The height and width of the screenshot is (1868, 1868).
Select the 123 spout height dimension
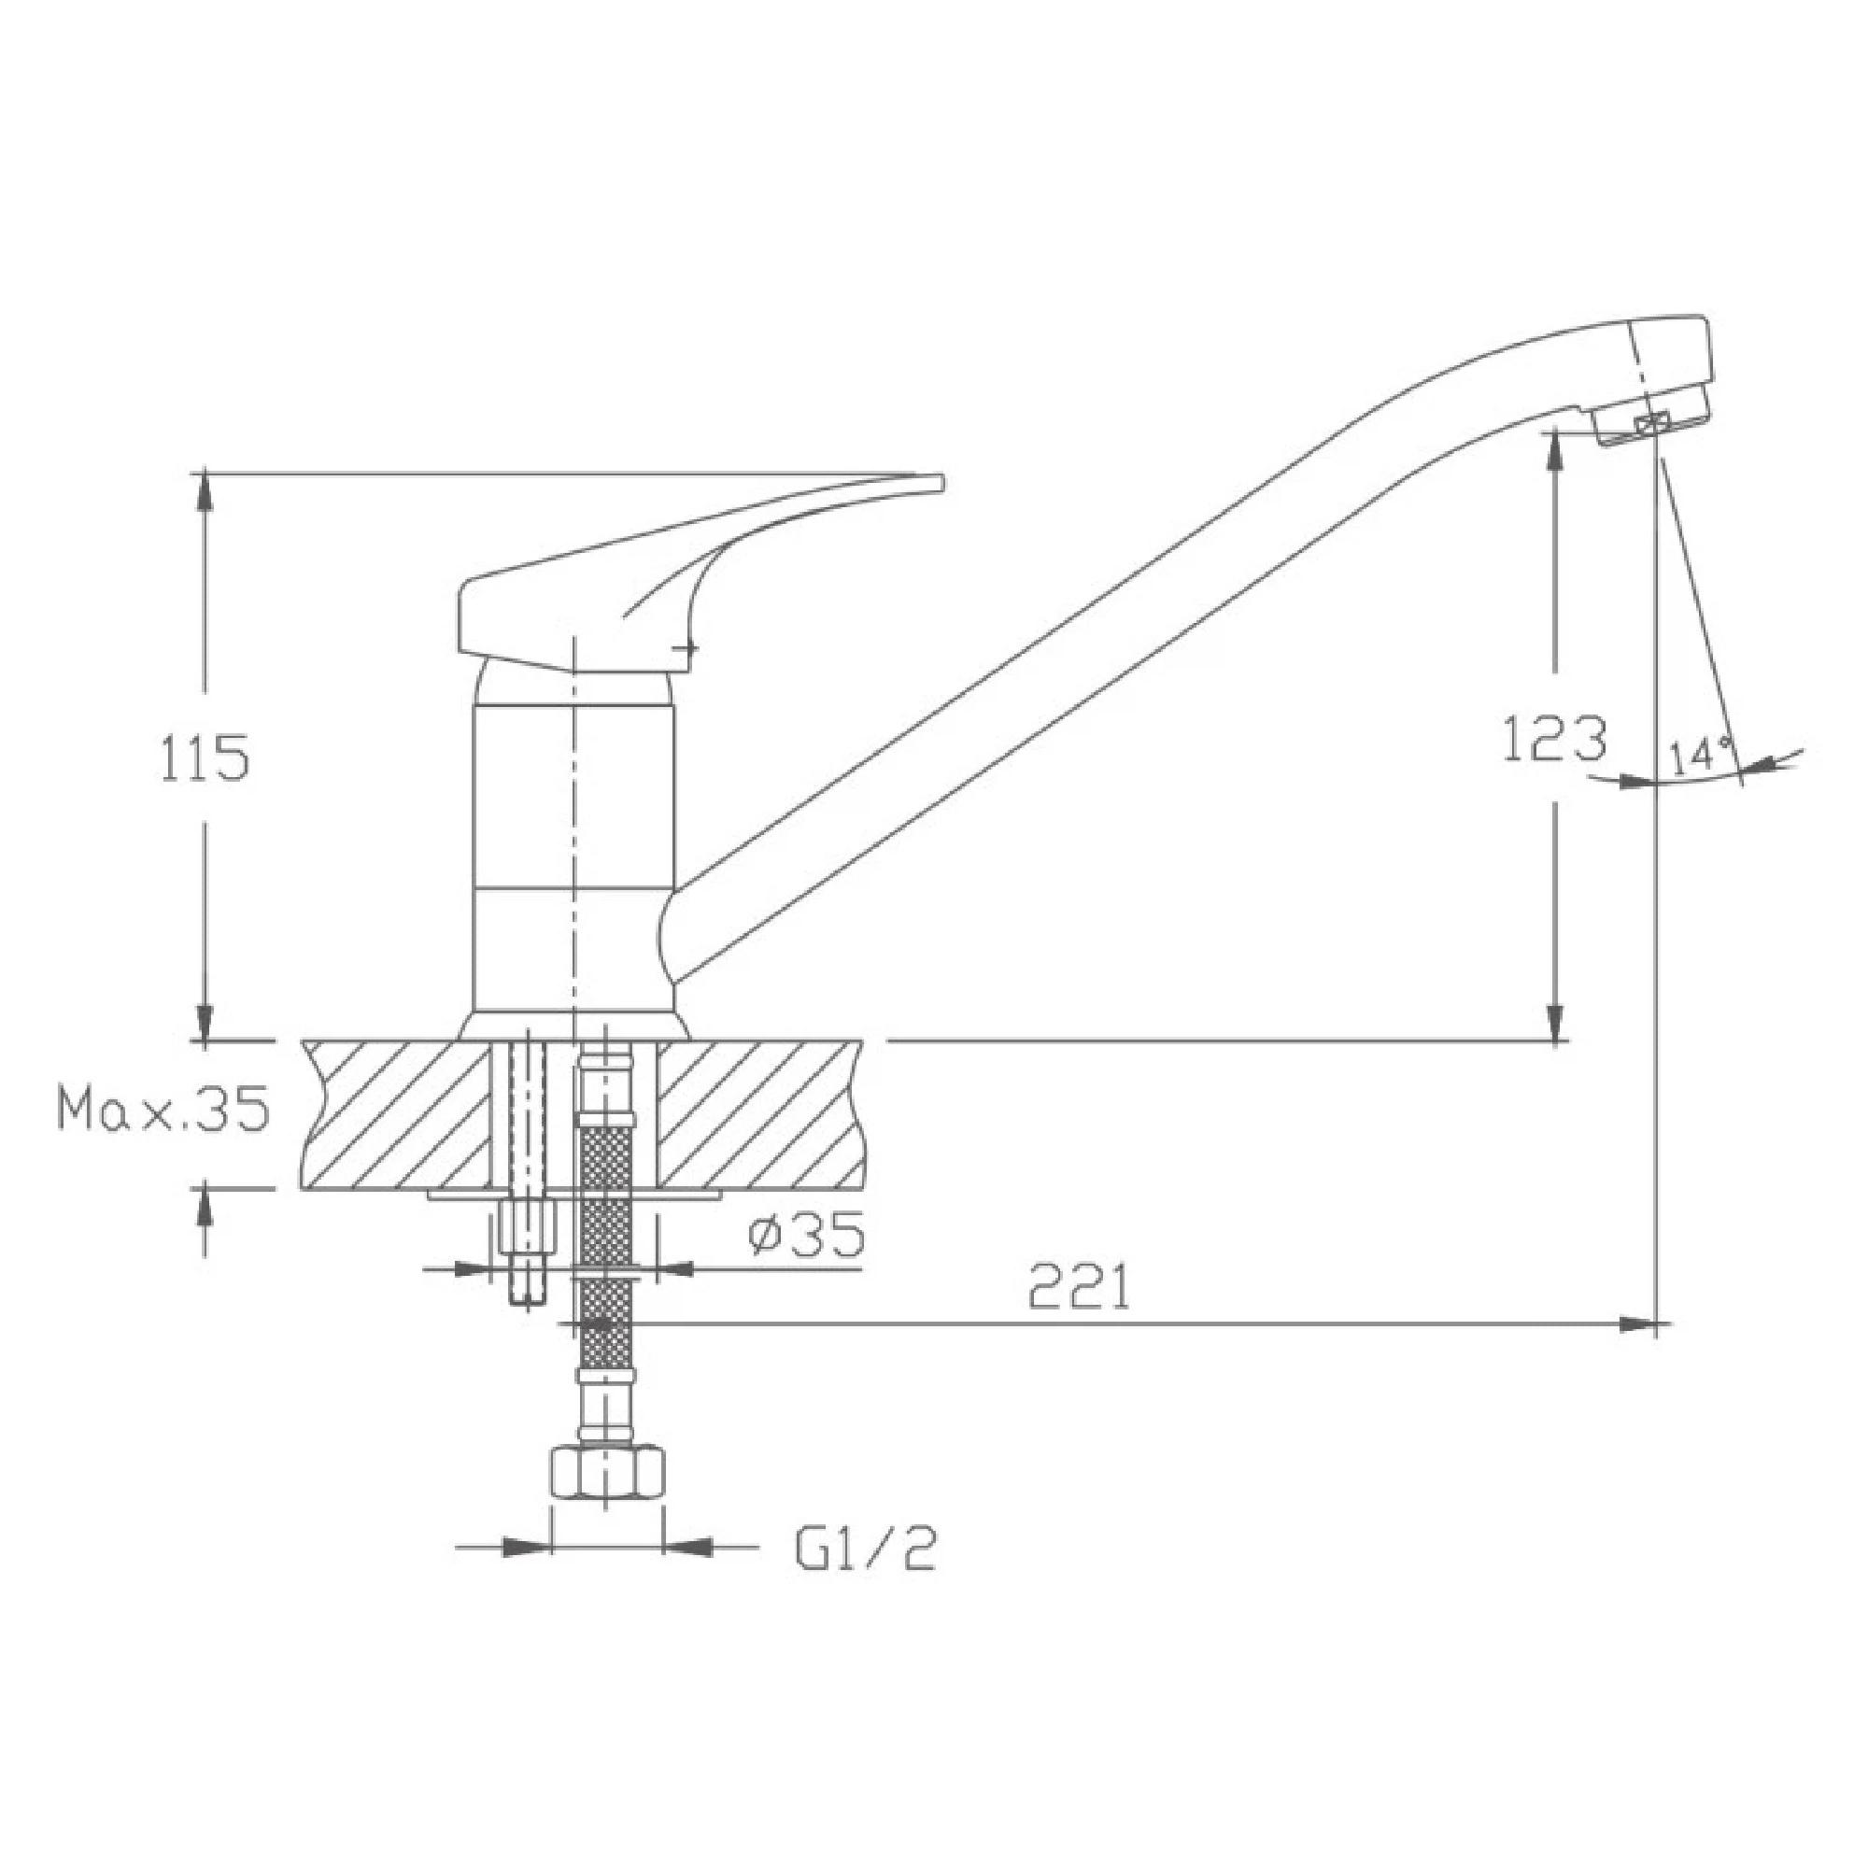tap(1555, 739)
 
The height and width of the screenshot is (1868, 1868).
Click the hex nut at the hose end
tap(606, 1502)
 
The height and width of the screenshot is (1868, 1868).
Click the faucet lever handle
tap(677, 575)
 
